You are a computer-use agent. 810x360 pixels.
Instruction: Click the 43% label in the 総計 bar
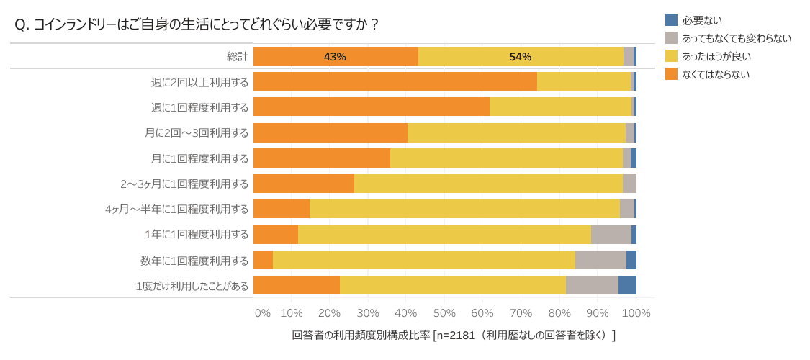[x=335, y=57]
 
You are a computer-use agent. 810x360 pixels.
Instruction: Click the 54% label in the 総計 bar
[x=520, y=57]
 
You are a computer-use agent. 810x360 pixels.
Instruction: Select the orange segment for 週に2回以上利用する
[x=395, y=81]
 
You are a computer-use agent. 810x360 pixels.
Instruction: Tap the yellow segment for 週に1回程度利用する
[x=560, y=107]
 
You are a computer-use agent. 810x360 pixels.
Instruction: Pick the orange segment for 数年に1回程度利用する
[x=263, y=260]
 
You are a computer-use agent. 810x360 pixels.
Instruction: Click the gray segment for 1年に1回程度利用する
[x=611, y=235]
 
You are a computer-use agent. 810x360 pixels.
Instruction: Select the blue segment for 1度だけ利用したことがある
[x=627, y=285]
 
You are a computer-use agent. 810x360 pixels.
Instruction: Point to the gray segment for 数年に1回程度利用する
[x=600, y=260]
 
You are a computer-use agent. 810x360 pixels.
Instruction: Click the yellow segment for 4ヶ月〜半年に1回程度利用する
[x=464, y=209]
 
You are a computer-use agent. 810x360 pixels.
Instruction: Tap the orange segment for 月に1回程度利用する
[x=321, y=158]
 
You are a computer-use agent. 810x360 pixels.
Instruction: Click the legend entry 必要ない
[x=701, y=20]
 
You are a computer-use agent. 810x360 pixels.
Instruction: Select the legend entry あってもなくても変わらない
[x=736, y=38]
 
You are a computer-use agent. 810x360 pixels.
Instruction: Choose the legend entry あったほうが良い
[x=716, y=56]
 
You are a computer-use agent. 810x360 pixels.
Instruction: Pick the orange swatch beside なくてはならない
[x=671, y=73]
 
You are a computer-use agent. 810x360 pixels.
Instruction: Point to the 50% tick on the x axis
[x=444, y=313]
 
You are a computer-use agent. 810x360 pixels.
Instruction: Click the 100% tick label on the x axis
[x=636, y=313]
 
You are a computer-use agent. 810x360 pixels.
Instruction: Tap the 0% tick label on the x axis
[x=263, y=313]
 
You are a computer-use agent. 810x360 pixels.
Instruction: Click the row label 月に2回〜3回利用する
[x=197, y=132]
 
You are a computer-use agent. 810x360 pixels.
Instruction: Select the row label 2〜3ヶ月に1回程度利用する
[x=184, y=184]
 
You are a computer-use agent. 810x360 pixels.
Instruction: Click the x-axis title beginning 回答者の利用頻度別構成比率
[x=454, y=336]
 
